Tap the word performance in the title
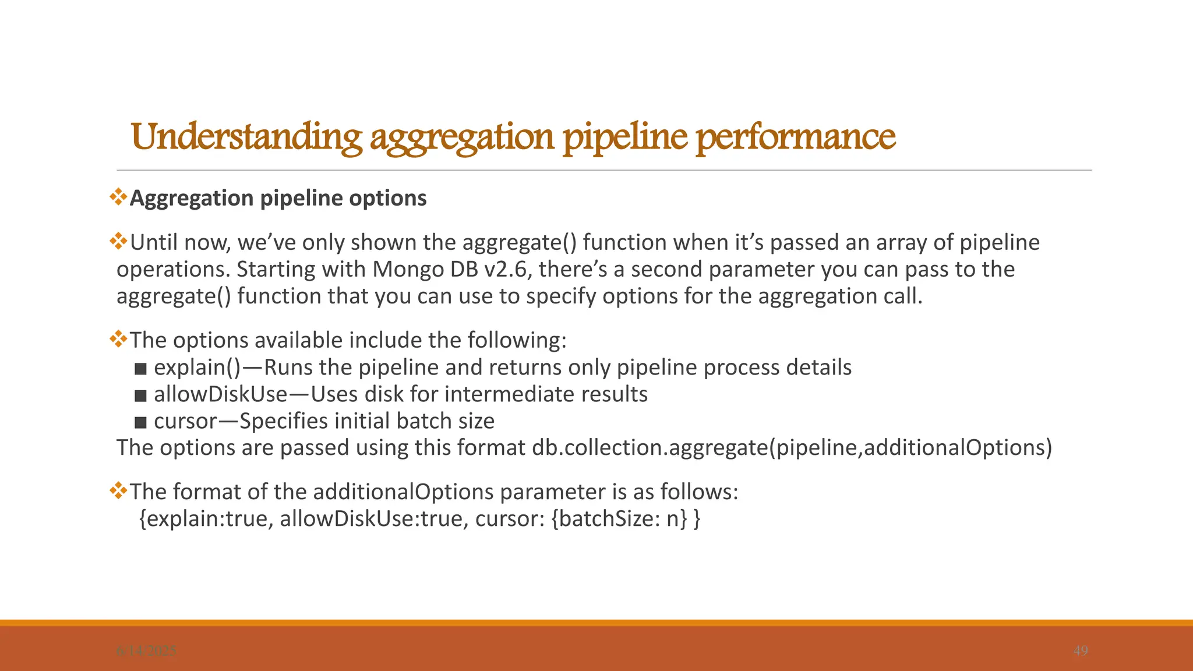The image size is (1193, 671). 796,137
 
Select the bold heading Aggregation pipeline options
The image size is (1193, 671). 278,198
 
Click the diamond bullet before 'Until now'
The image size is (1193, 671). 119,241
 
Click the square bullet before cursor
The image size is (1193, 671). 140,422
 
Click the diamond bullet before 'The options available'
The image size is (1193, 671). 119,338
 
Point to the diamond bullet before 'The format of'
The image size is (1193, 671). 119,490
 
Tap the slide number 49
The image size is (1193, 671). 1081,651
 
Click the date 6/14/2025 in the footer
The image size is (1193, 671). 146,651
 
